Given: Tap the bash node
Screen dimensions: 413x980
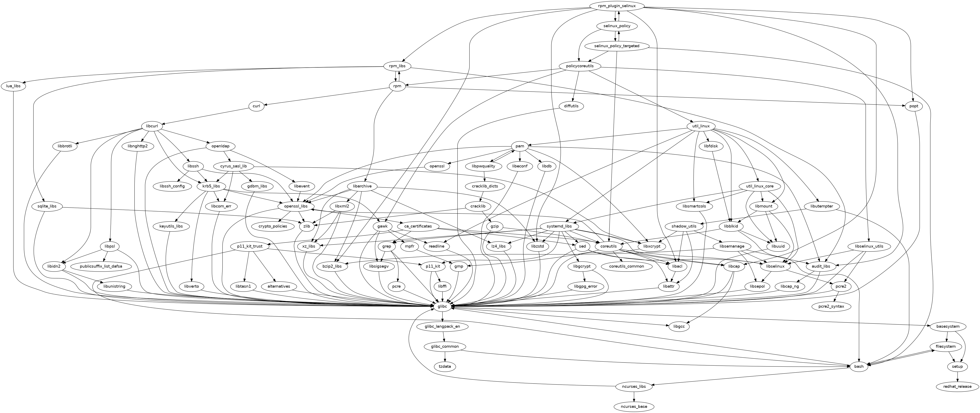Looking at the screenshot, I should [x=859, y=366].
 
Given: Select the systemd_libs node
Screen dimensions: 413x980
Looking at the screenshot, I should [x=559, y=226].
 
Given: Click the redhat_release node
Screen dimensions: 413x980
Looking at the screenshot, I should [x=957, y=386].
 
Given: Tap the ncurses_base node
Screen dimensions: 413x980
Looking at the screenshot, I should [x=634, y=407].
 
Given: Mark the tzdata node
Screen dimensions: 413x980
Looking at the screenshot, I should [x=445, y=366].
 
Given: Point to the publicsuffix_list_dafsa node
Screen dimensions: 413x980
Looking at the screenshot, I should [x=101, y=266].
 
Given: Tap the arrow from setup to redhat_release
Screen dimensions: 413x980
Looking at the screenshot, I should [x=957, y=376].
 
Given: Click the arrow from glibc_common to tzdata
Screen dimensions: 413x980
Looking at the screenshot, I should [x=445, y=356].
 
